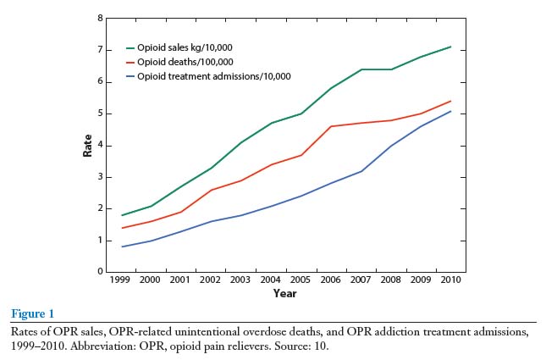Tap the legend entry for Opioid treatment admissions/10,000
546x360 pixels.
(x=207, y=76)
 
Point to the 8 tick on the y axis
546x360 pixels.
(x=101, y=18)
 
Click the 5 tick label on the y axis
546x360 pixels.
(x=101, y=114)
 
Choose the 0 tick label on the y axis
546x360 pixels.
(x=101, y=272)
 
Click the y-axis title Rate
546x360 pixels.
(x=87, y=145)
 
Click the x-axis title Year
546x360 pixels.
(x=284, y=294)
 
